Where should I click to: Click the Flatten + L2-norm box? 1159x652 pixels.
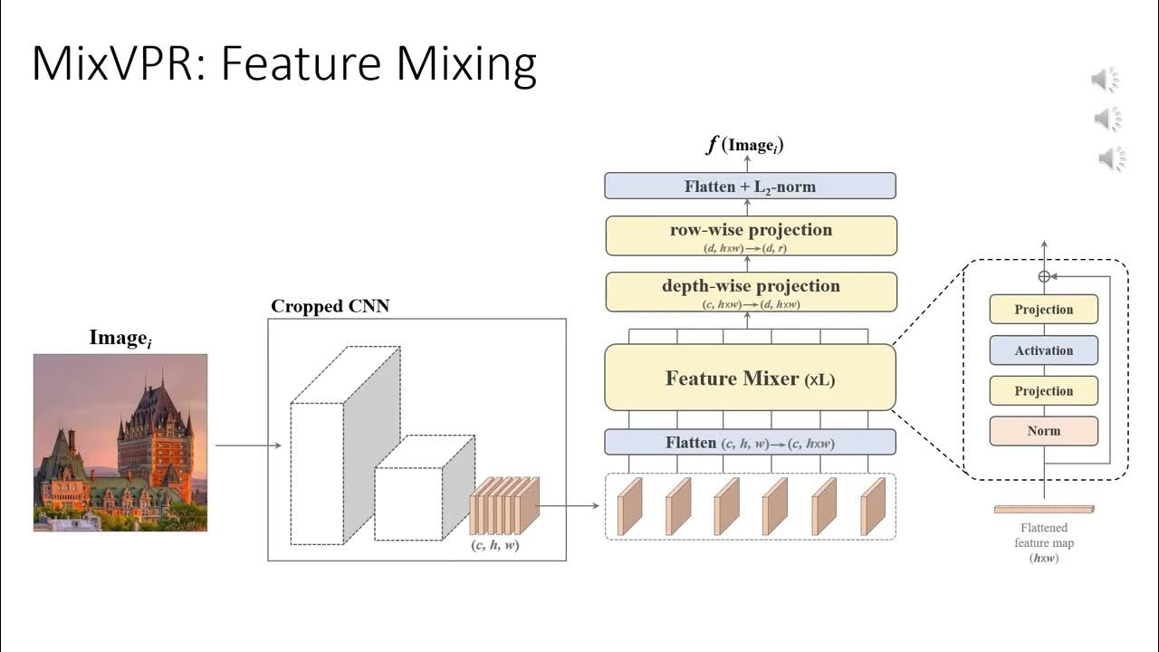click(750, 187)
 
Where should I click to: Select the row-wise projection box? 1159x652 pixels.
click(750, 235)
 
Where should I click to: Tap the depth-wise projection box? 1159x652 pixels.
click(750, 292)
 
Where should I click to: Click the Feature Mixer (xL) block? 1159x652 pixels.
click(750, 378)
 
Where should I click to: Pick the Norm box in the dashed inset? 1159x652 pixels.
click(1043, 431)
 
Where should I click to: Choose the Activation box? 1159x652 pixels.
click(1043, 350)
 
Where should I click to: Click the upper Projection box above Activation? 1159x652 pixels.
click(1043, 310)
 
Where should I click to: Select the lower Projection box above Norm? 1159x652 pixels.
click(1043, 391)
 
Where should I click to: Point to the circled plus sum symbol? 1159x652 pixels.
click(1043, 276)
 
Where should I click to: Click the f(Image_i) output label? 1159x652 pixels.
click(745, 146)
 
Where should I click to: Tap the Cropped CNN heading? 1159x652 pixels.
click(330, 306)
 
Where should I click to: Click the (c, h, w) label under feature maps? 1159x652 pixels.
click(495, 546)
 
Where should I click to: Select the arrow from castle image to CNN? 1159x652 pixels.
click(247, 446)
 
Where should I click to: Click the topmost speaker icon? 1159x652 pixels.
click(1106, 81)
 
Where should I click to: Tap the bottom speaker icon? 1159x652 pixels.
click(1111, 160)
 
